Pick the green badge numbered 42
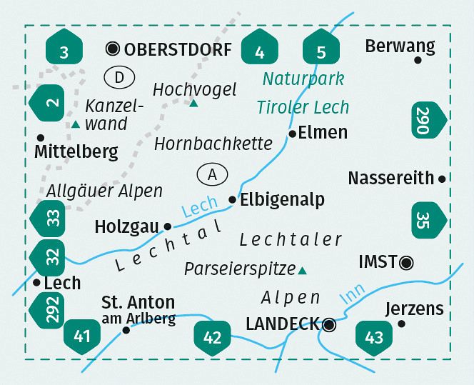tap(212, 336)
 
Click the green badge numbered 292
tap(48, 309)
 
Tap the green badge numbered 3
tap(65, 50)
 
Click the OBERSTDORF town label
tap(178, 49)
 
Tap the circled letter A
tap(211, 174)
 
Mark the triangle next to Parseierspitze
tap(303, 270)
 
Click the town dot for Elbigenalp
tap(232, 200)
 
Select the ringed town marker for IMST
tap(406, 263)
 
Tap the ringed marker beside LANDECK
tap(329, 325)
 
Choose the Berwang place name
tap(399, 46)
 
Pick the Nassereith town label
tap(390, 178)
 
